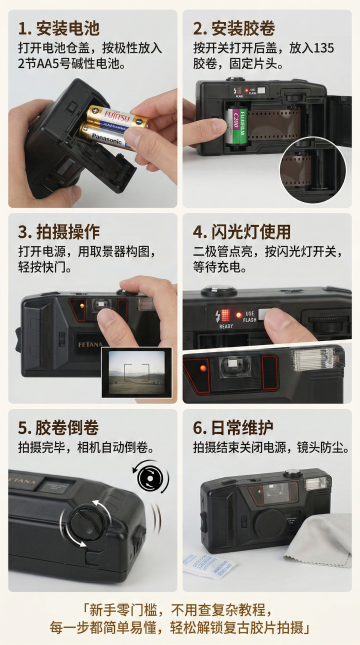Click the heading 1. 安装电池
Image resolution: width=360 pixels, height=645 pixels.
coord(59,28)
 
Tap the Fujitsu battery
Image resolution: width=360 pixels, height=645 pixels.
coord(118,116)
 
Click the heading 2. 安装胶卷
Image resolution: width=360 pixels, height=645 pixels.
coord(234,28)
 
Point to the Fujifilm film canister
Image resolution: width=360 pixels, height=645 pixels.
coord(238,125)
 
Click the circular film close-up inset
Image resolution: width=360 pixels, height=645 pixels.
coord(313,169)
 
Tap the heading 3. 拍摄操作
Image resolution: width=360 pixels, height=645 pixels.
coord(59,232)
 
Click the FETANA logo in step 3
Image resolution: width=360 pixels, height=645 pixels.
coord(90,344)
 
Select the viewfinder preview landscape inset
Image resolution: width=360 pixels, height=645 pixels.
coord(137,373)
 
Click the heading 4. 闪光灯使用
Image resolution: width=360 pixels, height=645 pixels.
coord(242,232)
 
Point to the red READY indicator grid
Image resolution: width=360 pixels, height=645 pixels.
coord(225,315)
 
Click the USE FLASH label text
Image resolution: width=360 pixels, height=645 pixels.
coord(250,316)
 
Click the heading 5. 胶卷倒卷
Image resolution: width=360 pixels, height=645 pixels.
coord(58,428)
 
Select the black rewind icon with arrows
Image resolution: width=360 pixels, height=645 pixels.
coord(150,478)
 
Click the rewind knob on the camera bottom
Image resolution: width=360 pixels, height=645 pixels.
coord(85,523)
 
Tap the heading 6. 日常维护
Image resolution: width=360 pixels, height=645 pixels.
coord(233,428)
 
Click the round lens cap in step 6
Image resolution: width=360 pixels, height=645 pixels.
coord(271,525)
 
